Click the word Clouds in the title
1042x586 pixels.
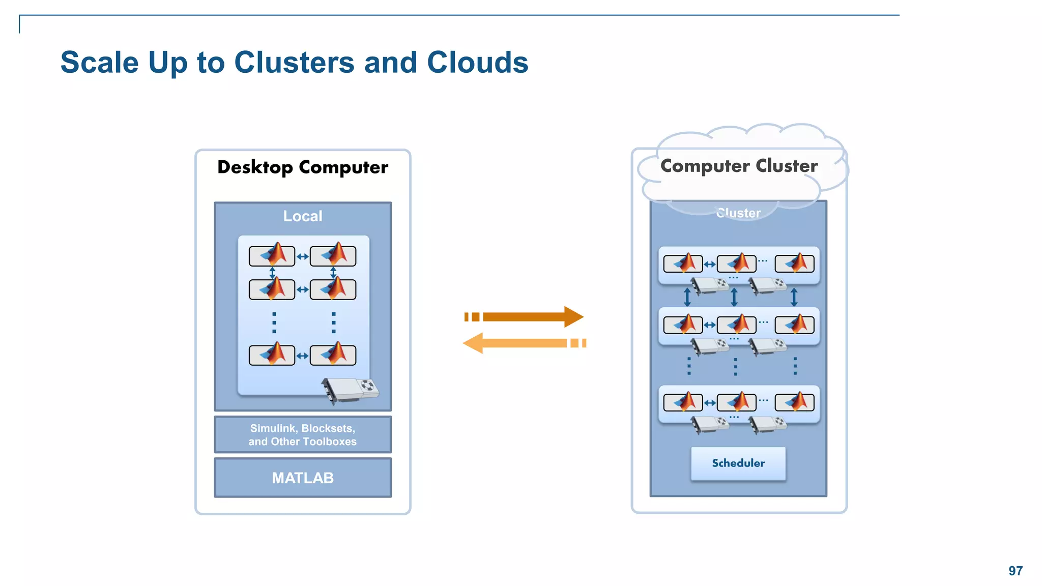(477, 63)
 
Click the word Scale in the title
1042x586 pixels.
(99, 63)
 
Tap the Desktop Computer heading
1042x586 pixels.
(302, 167)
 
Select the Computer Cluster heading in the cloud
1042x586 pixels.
(739, 166)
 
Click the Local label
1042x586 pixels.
(302, 216)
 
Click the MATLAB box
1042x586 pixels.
(302, 478)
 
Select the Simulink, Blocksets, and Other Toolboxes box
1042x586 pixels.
(302, 435)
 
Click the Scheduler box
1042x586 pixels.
(738, 463)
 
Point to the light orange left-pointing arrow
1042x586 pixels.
(524, 343)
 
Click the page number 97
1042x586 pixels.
(1015, 571)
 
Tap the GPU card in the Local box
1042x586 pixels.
(351, 390)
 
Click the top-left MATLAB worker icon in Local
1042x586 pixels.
(272, 255)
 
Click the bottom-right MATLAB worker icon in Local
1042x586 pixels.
(333, 355)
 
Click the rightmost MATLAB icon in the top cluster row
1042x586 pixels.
(794, 263)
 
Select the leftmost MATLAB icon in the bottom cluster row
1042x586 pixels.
(683, 402)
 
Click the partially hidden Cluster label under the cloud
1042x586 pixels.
(738, 213)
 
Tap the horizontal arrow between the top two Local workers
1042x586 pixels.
(302, 257)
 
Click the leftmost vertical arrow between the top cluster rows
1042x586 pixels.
(687, 297)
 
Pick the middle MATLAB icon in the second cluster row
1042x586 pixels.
(736, 325)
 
